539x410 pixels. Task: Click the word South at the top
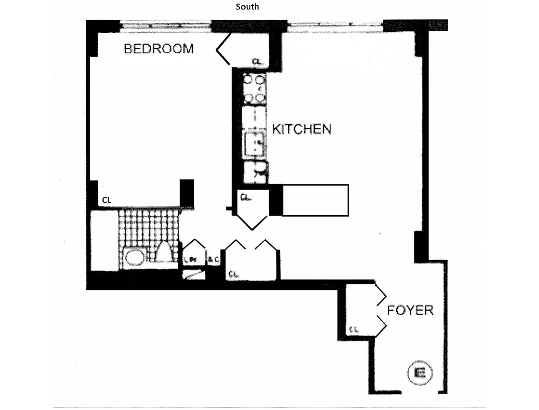pyautogui.click(x=247, y=7)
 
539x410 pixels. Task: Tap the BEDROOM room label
pyautogui.click(x=159, y=49)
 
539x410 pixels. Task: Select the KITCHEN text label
pyautogui.click(x=302, y=129)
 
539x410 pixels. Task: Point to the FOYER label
pyautogui.click(x=410, y=310)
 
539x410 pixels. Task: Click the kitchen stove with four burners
pyautogui.click(x=254, y=89)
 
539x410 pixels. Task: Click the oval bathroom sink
pyautogui.click(x=135, y=257)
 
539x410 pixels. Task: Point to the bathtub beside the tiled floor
pyautogui.click(x=104, y=241)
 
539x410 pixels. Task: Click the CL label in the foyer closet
pyautogui.click(x=353, y=329)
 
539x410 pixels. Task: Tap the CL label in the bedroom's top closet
pyautogui.click(x=257, y=61)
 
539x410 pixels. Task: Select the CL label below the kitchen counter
pyautogui.click(x=245, y=196)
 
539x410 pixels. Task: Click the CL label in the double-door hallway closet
pyautogui.click(x=233, y=274)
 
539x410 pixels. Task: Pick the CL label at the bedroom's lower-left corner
pyautogui.click(x=106, y=200)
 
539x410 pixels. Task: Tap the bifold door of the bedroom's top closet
pyautogui.click(x=223, y=50)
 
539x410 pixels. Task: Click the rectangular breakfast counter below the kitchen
pyautogui.click(x=315, y=200)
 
